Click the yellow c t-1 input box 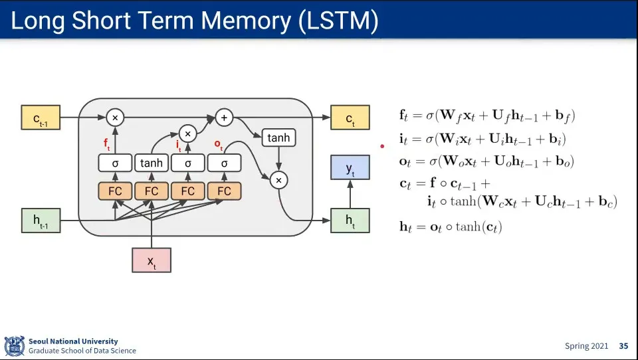(x=41, y=118)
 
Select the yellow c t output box (x=350, y=118)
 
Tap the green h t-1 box (x=41, y=221)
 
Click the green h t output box (x=350, y=221)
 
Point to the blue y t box (x=350, y=167)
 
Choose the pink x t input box (x=152, y=260)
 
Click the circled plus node (x=224, y=118)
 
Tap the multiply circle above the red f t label (x=115, y=118)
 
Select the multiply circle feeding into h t (x=278, y=180)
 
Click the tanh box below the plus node (x=278, y=137)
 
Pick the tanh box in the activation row (x=152, y=163)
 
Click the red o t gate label (x=219, y=144)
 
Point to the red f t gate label (x=106, y=144)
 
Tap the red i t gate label (x=179, y=145)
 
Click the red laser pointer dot (x=383, y=146)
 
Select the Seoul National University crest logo (x=14, y=346)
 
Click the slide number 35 (x=624, y=346)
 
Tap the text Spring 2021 (x=586, y=346)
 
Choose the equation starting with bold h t (x=451, y=226)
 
